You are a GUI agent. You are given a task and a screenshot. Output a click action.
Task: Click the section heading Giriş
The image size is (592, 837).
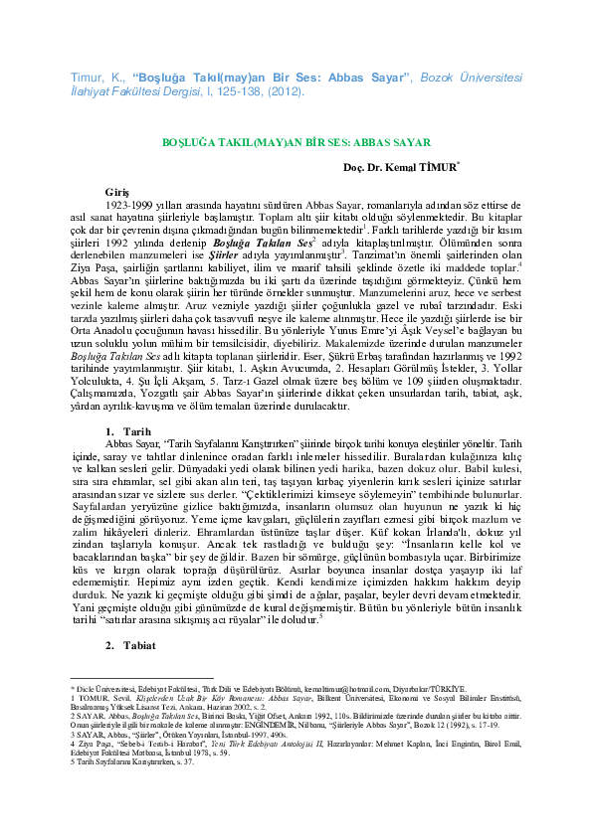[x=116, y=190]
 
